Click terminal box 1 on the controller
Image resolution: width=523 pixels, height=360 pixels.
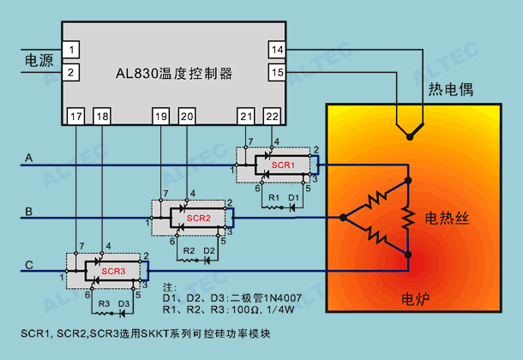point(70,50)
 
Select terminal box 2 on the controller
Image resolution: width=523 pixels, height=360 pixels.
point(70,72)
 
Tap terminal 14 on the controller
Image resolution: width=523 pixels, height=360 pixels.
point(277,50)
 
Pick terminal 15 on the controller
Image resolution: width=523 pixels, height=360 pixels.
point(277,72)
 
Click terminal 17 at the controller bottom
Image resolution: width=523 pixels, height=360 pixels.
point(76,117)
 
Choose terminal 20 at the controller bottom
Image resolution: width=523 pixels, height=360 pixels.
point(187,117)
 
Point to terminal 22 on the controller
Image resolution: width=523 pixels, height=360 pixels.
point(272,117)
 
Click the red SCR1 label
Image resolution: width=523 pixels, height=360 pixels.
point(283,165)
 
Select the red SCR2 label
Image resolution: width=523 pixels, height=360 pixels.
point(198,218)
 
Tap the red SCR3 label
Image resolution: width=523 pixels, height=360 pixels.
point(113,271)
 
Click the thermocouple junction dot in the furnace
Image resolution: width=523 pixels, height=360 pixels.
point(410,136)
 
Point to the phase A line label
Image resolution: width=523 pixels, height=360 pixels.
point(29,158)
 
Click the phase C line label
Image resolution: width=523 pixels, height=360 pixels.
point(29,265)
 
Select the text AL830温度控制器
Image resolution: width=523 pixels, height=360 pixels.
point(174,74)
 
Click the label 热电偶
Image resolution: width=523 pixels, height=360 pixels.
point(451,89)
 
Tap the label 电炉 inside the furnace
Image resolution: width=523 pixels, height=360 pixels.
point(415,299)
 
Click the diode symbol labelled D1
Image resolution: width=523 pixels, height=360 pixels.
point(292,207)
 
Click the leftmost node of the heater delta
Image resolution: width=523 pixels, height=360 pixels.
point(343,218)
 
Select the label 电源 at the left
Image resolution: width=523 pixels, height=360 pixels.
point(39,61)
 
